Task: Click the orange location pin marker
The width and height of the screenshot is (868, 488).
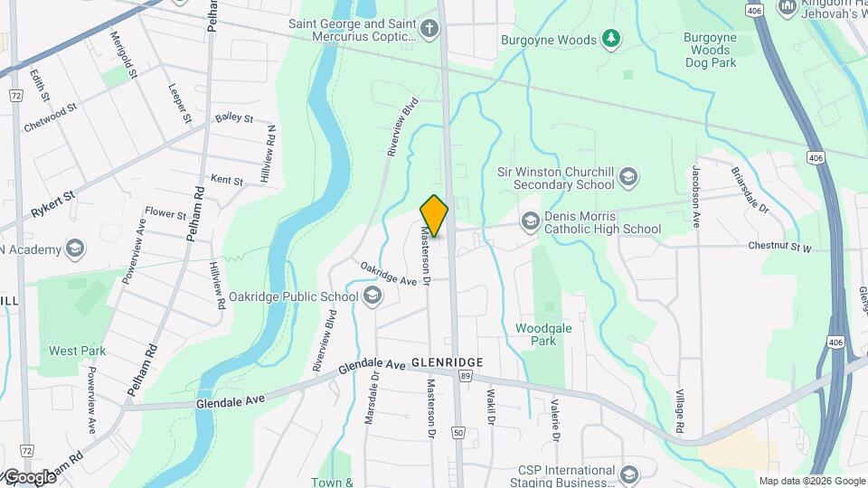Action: tap(435, 215)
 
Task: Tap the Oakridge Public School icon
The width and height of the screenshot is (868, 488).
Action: tap(372, 296)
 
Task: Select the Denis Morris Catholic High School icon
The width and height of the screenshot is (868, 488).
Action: tap(529, 221)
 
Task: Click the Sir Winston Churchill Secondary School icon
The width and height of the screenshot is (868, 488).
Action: tap(629, 176)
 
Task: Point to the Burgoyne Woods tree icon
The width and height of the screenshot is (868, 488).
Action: tap(612, 39)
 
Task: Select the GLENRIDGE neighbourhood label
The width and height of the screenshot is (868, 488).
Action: tap(447, 361)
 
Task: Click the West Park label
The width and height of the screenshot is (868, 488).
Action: tap(77, 351)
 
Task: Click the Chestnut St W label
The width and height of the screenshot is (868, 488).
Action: tap(779, 246)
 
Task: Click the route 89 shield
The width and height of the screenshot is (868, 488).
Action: tap(465, 376)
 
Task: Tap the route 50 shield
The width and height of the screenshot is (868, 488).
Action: tap(458, 432)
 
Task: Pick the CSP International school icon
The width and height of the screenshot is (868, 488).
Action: tap(628, 474)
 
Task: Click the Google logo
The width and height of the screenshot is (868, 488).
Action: tap(30, 476)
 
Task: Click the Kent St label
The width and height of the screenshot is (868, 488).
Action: tap(226, 181)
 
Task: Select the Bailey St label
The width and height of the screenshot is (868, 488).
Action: tap(233, 119)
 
